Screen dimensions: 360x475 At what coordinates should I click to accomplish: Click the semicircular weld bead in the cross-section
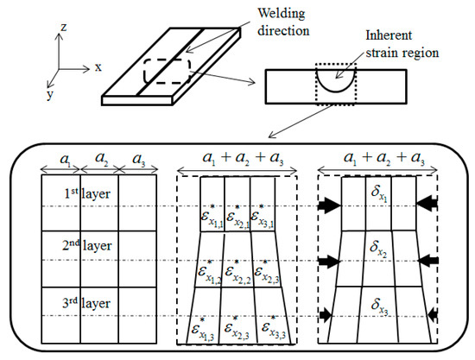333,85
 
